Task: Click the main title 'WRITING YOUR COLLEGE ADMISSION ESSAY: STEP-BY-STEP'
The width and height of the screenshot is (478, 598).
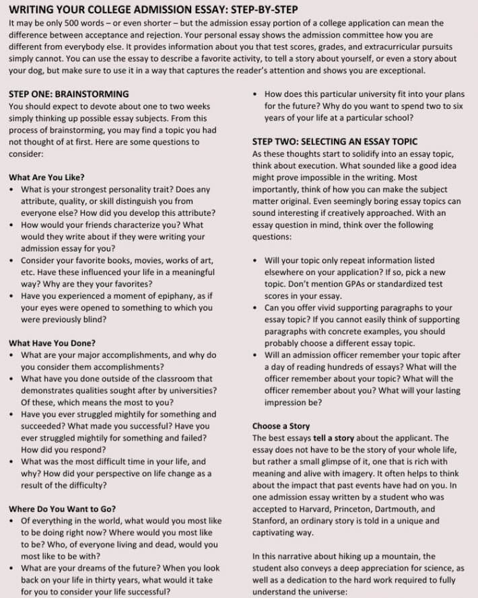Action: (x=153, y=9)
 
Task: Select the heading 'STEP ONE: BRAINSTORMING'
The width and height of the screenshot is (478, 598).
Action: (x=69, y=94)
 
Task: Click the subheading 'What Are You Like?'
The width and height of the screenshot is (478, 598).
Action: (x=46, y=178)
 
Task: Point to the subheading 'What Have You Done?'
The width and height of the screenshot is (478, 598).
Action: (x=52, y=342)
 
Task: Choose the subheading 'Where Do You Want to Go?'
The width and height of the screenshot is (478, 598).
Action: (x=62, y=509)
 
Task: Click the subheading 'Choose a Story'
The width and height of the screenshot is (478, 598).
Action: (x=281, y=426)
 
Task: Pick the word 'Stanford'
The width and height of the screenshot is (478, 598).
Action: (x=271, y=521)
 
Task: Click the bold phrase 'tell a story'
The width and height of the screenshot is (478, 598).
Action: (x=337, y=438)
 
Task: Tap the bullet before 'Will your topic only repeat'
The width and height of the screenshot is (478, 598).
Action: (x=256, y=260)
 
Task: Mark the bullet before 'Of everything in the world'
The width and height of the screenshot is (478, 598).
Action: (x=12, y=521)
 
